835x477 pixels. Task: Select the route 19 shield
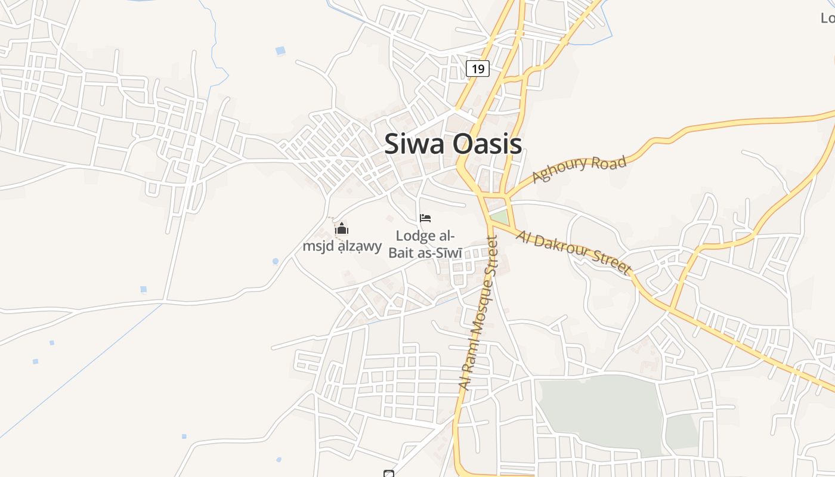[478, 69]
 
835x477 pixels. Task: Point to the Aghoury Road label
[579, 169]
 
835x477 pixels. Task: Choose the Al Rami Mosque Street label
[479, 313]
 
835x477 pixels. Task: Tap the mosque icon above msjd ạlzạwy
[342, 228]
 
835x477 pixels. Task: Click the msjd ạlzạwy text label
[342, 246]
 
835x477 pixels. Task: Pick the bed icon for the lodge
[425, 218]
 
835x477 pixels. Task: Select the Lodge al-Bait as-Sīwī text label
[425, 244]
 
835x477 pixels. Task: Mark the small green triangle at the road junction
[499, 216]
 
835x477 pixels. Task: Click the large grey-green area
[599, 411]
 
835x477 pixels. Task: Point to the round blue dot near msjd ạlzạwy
[275, 261]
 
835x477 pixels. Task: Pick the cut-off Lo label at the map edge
[828, 18]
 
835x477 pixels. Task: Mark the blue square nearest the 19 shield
[280, 51]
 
